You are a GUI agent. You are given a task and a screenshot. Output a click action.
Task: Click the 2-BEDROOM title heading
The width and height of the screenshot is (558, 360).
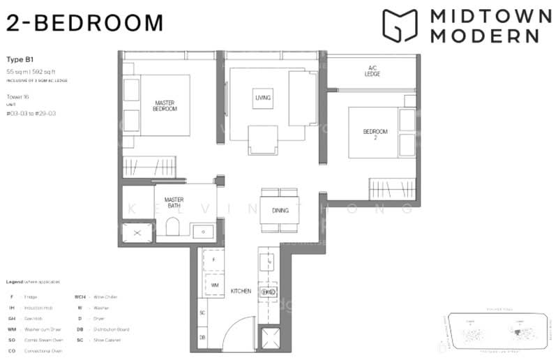(84, 23)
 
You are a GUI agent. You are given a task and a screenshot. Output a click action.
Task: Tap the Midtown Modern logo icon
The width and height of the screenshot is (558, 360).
(400, 26)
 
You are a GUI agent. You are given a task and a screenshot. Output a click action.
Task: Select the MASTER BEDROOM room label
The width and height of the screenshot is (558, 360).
(165, 105)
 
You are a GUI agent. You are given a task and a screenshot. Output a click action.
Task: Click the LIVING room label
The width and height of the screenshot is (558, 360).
(263, 98)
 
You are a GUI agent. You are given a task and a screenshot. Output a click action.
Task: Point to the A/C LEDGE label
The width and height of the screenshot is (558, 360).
(372, 71)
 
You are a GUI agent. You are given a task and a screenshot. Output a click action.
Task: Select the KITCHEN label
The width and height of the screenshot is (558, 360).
(241, 291)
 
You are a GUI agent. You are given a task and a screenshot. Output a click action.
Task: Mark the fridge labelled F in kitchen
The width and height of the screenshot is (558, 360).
(214, 259)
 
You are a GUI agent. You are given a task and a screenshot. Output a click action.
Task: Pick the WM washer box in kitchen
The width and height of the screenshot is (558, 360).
(215, 285)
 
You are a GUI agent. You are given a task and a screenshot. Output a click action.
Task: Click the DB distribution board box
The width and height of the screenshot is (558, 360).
(202, 338)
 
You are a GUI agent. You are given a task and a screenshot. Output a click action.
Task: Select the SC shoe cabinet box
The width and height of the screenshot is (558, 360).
(202, 313)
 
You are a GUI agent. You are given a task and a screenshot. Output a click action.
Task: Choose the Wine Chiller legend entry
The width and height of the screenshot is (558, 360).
(97, 297)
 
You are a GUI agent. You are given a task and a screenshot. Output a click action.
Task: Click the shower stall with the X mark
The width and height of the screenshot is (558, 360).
(137, 232)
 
